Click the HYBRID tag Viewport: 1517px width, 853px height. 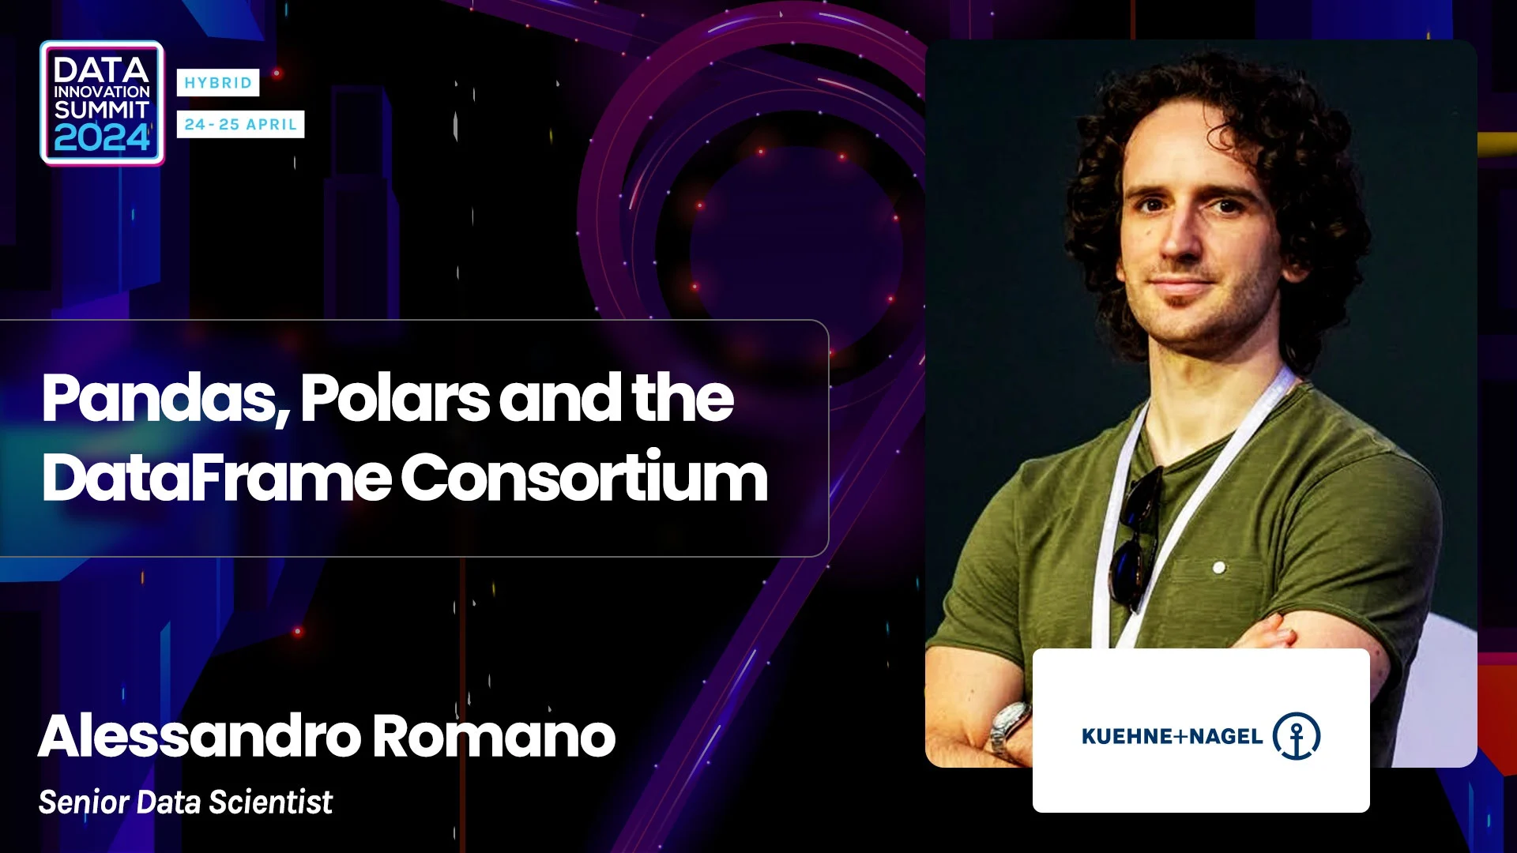pos(218,83)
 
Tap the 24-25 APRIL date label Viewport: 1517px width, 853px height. pos(240,124)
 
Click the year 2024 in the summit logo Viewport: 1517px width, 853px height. pos(102,139)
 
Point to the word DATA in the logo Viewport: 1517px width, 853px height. pos(101,70)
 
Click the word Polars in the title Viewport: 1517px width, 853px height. pos(395,398)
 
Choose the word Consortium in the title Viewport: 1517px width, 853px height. pos(585,477)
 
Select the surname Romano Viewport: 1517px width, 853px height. pos(494,736)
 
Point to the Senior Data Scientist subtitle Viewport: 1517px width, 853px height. pos(186,802)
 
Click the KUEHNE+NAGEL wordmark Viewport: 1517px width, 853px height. pos(1172,736)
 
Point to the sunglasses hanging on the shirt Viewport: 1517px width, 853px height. pos(1136,537)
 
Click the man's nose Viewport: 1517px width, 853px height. pos(1183,237)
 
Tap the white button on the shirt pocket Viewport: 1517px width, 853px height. pos(1219,567)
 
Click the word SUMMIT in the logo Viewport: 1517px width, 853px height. pos(101,109)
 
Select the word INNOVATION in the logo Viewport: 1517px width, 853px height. pos(101,92)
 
